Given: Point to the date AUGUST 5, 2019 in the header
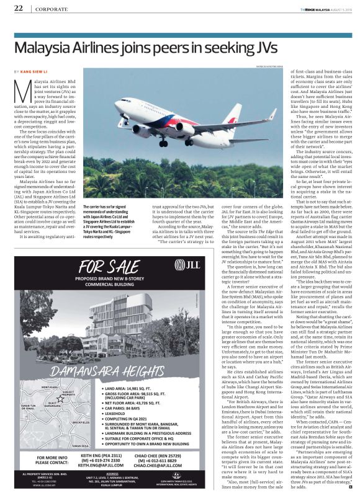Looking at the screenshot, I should [x=337, y=8].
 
